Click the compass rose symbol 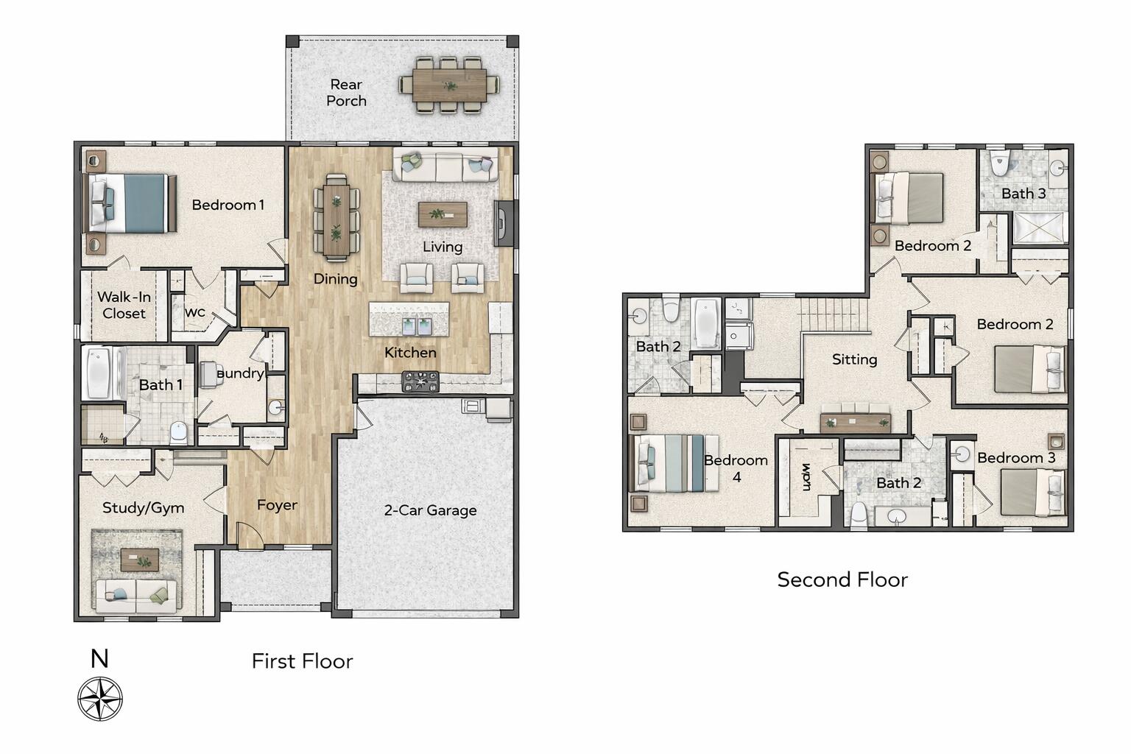[x=100, y=699]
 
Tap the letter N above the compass [x=99, y=658]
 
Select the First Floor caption [x=302, y=661]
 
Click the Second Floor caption [x=842, y=580]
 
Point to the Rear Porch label [x=346, y=93]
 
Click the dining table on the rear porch [x=449, y=85]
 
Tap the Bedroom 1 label [x=228, y=205]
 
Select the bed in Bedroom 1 [x=131, y=202]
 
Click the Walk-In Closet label [x=124, y=305]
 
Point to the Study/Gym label [x=143, y=507]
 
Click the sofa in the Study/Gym [x=136, y=595]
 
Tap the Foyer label [x=277, y=505]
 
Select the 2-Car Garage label [x=430, y=510]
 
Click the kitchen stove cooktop [x=420, y=381]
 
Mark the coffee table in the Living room [x=443, y=214]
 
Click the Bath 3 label [x=1023, y=194]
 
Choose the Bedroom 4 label [x=736, y=468]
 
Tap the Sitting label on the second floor [x=854, y=359]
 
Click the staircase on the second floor [x=834, y=315]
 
